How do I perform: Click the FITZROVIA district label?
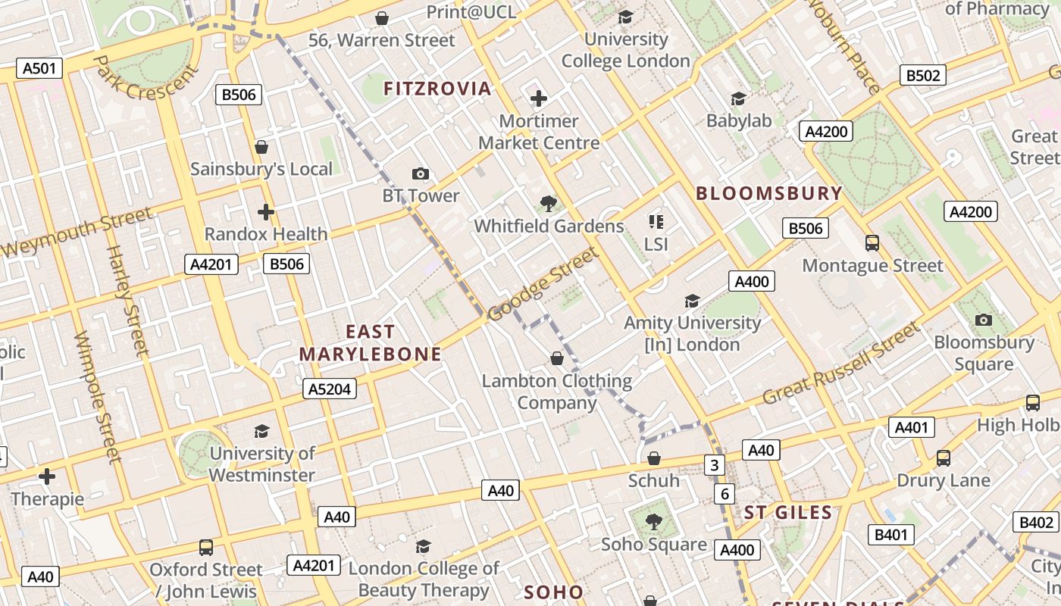click(437, 89)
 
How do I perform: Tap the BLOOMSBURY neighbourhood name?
click(768, 193)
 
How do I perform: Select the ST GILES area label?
click(788, 513)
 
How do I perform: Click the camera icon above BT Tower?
click(421, 174)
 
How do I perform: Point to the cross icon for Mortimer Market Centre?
click(539, 98)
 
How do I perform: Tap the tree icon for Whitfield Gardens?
click(549, 204)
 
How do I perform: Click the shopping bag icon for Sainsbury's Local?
click(261, 147)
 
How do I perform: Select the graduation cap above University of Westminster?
click(261, 431)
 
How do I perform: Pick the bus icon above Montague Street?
click(872, 243)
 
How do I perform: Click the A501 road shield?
click(39, 68)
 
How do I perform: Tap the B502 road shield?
click(923, 75)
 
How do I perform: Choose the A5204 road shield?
click(330, 389)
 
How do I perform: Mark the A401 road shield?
click(911, 427)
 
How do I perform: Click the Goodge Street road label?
click(543, 285)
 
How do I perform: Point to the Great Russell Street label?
click(840, 364)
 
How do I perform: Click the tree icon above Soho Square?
click(653, 522)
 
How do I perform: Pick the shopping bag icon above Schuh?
click(654, 458)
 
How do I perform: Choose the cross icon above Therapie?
click(47, 476)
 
